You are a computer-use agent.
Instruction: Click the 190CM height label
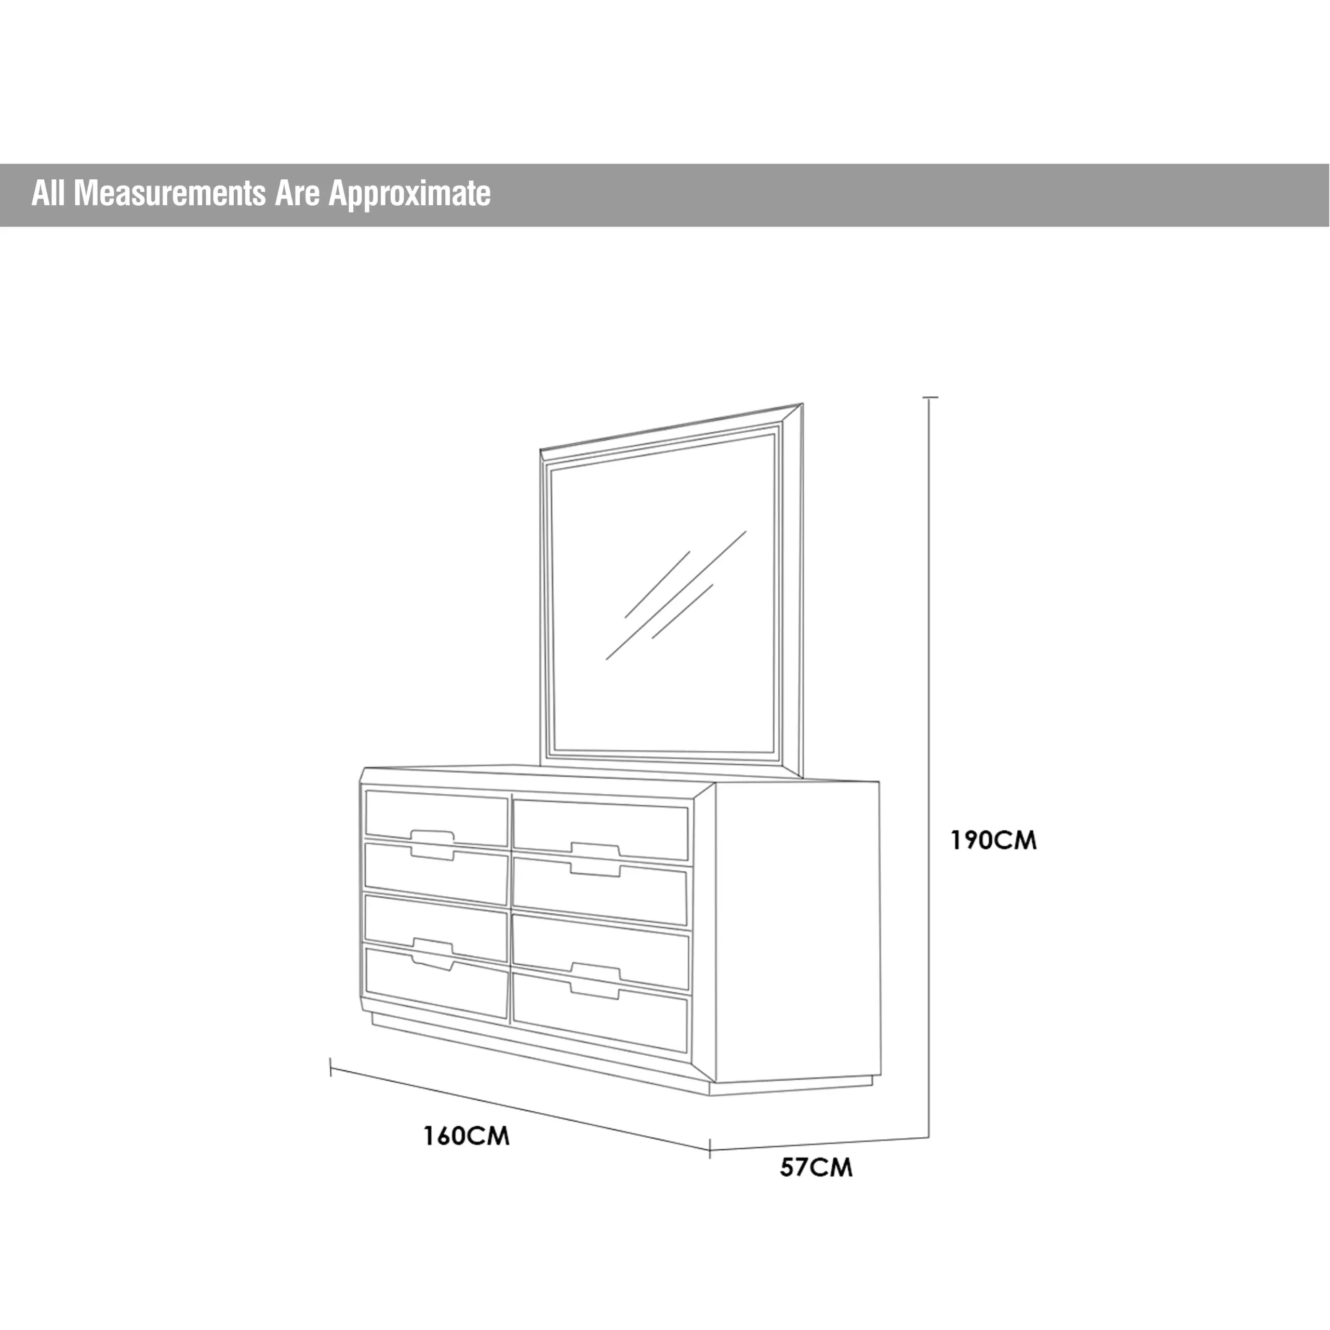tap(993, 841)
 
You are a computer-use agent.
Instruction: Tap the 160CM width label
tap(466, 1136)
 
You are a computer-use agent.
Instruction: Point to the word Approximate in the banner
tap(409, 195)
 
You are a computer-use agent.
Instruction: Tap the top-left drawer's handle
tap(432, 836)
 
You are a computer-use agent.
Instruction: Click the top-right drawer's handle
tap(595, 849)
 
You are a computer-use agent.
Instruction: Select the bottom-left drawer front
tap(436, 983)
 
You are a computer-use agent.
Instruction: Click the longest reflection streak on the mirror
tap(676, 595)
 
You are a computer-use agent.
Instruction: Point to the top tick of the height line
tap(930, 398)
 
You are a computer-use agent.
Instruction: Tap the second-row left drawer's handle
tap(432, 854)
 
